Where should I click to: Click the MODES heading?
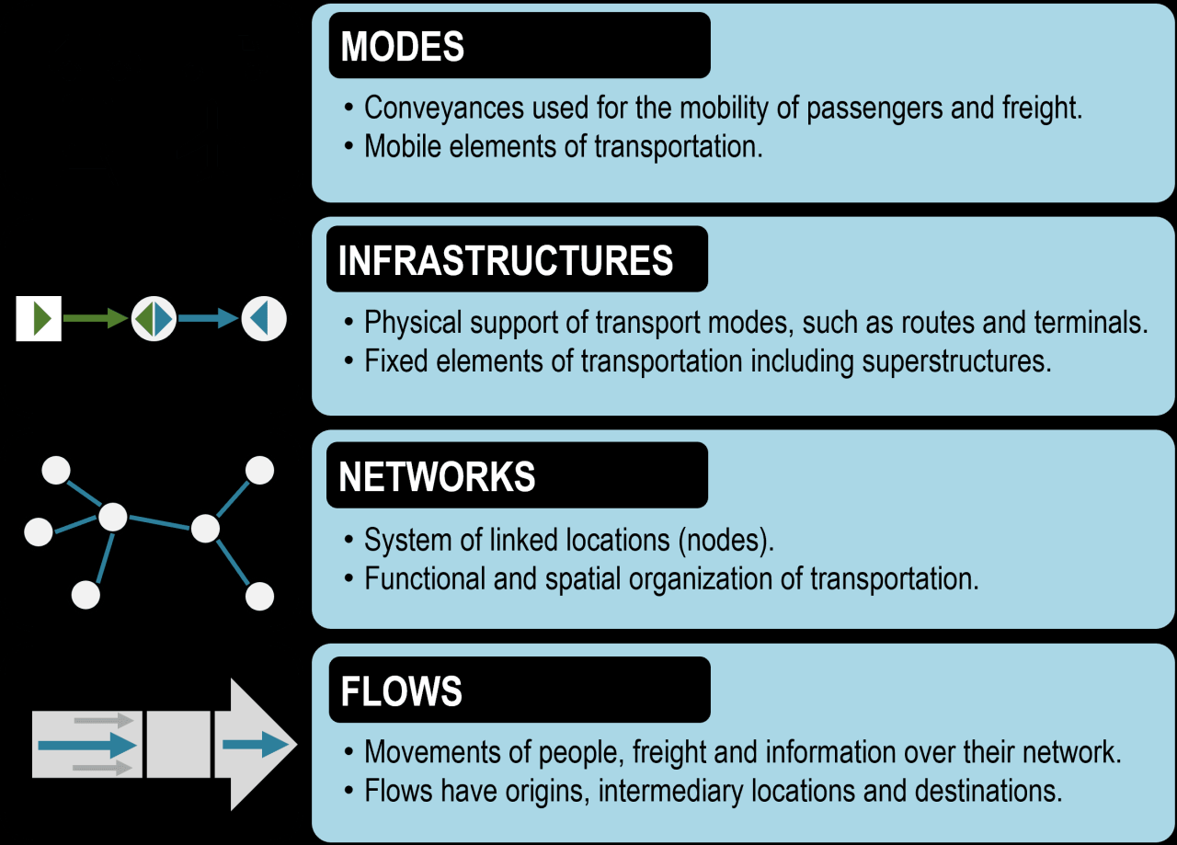pyautogui.click(x=403, y=47)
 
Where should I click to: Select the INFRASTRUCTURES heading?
pyautogui.click(x=506, y=261)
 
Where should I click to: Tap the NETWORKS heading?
pyautogui.click(x=437, y=476)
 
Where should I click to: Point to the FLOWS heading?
pyautogui.click(x=401, y=691)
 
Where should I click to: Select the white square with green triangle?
pyautogui.click(x=39, y=319)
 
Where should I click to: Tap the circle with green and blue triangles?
pyautogui.click(x=154, y=319)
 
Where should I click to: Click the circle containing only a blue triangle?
pyautogui.click(x=264, y=319)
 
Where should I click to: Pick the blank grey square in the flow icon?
pyautogui.click(x=178, y=744)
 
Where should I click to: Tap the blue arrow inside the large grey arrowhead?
pyautogui.click(x=256, y=744)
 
